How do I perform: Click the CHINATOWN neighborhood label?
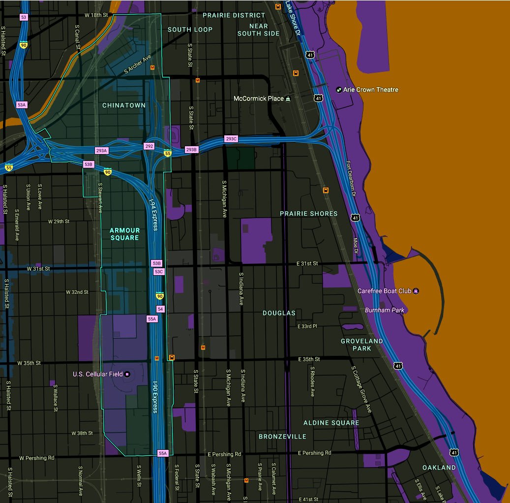(x=124, y=105)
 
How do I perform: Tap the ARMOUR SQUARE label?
(x=124, y=234)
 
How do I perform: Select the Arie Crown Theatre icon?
(x=338, y=90)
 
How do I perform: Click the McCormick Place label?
(x=258, y=98)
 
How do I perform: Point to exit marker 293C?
(x=231, y=139)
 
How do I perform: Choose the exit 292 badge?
(x=149, y=146)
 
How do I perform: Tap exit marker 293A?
(x=101, y=150)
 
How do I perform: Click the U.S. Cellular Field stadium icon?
(x=127, y=374)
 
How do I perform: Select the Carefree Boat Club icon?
(x=416, y=291)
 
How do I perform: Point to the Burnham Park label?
(x=385, y=310)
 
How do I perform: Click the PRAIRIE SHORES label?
(x=309, y=214)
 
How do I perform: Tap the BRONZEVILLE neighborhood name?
(x=282, y=437)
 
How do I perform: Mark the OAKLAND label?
(x=439, y=468)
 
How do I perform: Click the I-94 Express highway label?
(x=153, y=214)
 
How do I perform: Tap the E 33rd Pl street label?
(x=307, y=326)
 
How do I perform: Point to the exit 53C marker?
(x=159, y=272)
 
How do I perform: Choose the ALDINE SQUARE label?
(x=331, y=423)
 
